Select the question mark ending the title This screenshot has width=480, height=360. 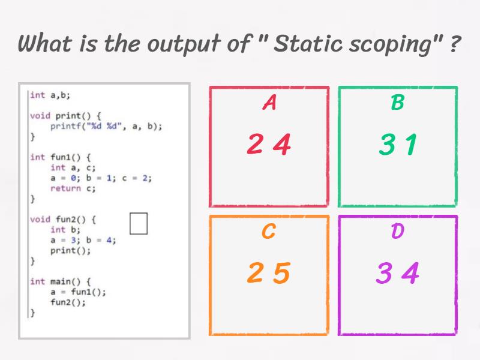tap(455, 44)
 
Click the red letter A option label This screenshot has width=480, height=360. tap(269, 102)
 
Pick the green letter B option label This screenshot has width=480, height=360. tap(398, 102)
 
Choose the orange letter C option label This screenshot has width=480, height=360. tap(269, 231)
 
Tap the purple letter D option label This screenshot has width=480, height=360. tap(398, 231)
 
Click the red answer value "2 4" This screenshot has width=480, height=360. tap(269, 144)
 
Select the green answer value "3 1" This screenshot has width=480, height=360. tap(398, 144)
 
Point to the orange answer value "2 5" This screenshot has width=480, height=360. tap(269, 272)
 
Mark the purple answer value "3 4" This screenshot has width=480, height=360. tap(398, 272)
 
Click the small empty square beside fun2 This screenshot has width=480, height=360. tap(139, 223)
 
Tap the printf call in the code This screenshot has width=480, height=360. tap(106, 126)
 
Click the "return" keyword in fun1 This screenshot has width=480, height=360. tap(65, 188)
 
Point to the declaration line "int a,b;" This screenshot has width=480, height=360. tap(50, 95)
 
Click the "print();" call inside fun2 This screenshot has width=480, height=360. tap(71, 250)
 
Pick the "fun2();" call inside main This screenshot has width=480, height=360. tap(68, 302)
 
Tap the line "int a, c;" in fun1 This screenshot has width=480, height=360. tap(73, 168)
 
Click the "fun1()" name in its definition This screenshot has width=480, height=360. tap(65, 157)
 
